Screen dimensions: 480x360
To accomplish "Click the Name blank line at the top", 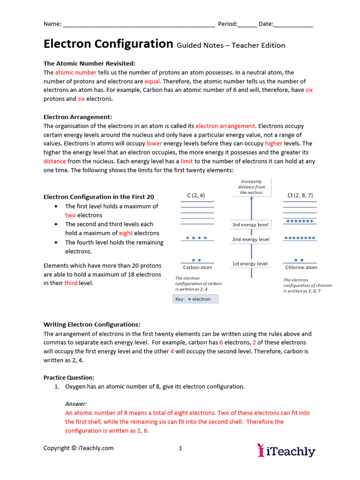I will tap(139, 25).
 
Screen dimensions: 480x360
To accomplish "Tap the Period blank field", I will tap(247, 25).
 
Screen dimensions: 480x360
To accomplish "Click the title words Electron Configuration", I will tap(108, 44).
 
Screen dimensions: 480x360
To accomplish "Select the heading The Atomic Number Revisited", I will tap(90, 63).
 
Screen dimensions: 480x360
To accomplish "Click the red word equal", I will tap(152, 81).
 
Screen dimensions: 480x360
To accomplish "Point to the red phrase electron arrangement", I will tap(225, 126).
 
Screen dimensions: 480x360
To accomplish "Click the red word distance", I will tap(54, 161).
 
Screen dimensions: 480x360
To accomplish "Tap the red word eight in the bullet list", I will tap(126, 233).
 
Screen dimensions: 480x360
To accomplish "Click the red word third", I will tap(71, 283).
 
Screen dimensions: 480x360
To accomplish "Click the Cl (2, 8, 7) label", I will tap(300, 195).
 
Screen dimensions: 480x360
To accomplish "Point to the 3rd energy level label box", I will tap(250, 225).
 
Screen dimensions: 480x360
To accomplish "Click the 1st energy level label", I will tap(250, 264).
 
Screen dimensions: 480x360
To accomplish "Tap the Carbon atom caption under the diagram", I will tap(197, 267).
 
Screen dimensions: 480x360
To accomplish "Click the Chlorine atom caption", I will tap(301, 267).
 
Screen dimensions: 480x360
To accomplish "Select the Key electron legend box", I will tap(195, 299).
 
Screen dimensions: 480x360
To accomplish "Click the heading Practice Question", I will tap(69, 377).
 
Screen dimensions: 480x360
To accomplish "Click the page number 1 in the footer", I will tap(180, 448).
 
